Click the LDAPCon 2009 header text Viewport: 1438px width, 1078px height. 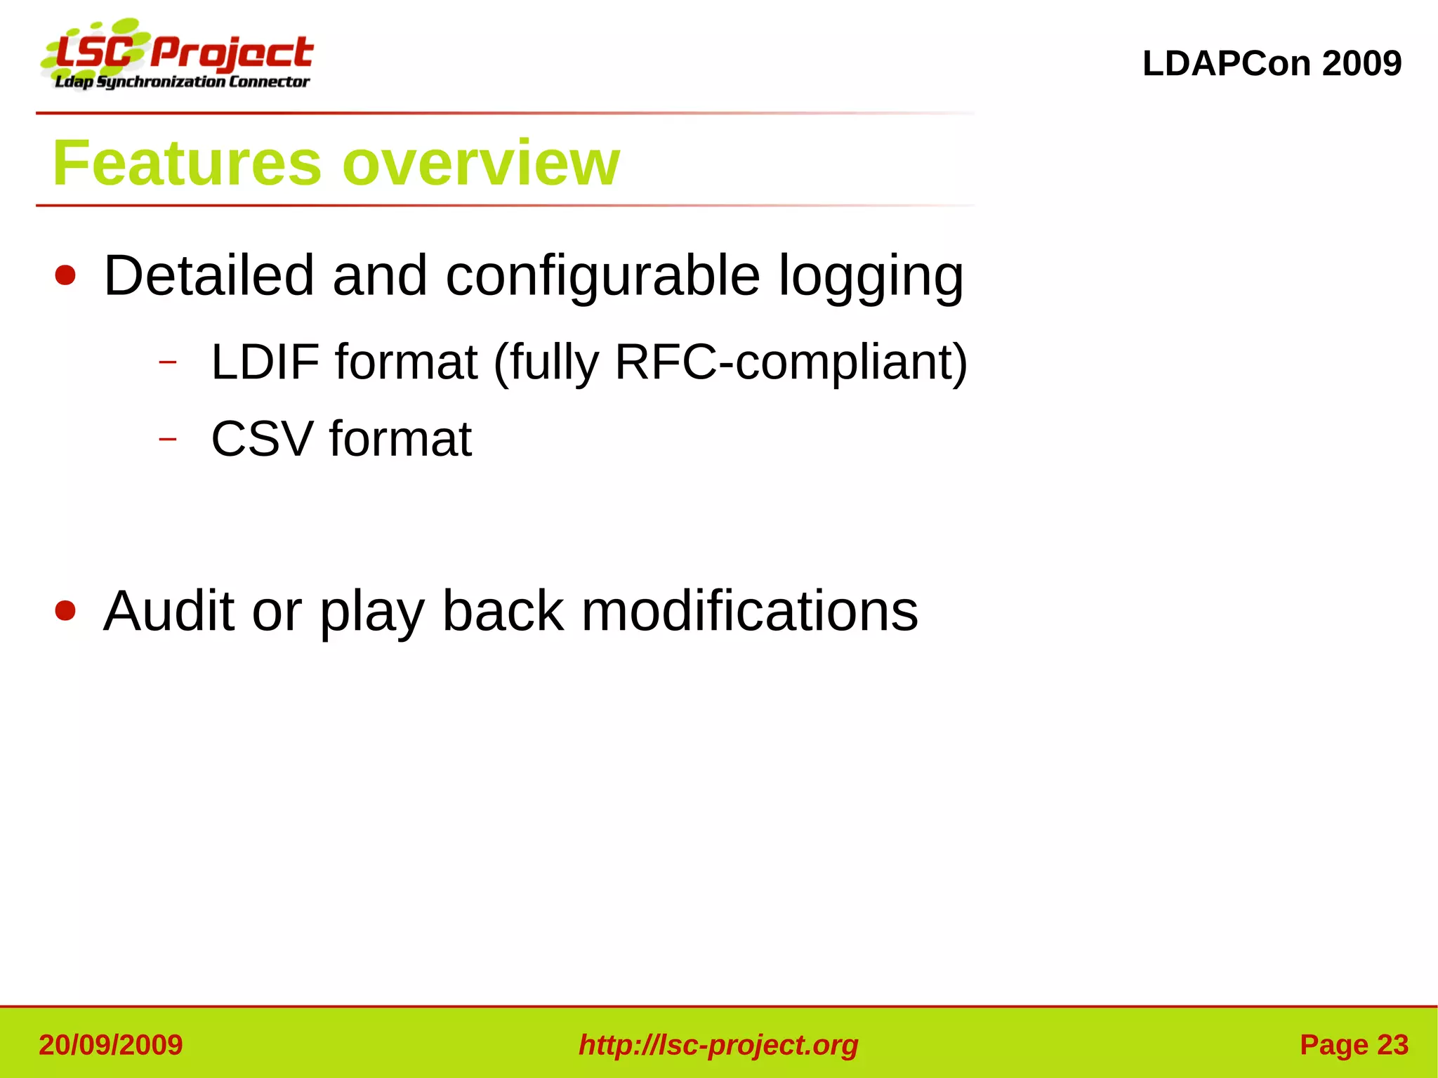click(x=1272, y=63)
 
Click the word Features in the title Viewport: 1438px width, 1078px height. click(x=187, y=163)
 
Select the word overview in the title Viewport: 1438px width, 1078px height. click(x=481, y=163)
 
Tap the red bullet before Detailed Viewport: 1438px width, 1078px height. click(x=65, y=275)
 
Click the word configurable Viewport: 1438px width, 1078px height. click(x=602, y=277)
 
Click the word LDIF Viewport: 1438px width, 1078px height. click(x=265, y=362)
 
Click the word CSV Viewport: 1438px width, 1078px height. click(x=261, y=439)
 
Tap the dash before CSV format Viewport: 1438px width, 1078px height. click(x=167, y=440)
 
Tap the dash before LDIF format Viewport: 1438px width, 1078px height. click(x=167, y=362)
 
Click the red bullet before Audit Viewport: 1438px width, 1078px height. click(x=65, y=610)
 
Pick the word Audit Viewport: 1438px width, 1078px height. click(x=169, y=611)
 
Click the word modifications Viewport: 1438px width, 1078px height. click(x=749, y=611)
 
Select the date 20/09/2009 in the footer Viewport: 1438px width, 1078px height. click(x=111, y=1045)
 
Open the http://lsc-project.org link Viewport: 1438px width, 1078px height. click(x=718, y=1045)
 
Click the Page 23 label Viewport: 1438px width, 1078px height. click(x=1354, y=1045)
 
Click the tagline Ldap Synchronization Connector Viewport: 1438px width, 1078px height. click(x=183, y=82)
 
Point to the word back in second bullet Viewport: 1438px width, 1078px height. click(x=503, y=611)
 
